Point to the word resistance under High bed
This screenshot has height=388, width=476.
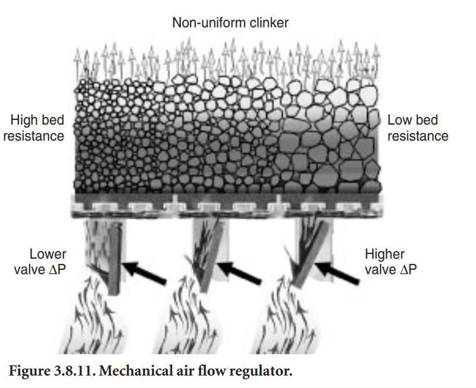(33, 136)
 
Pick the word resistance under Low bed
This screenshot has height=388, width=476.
(418, 136)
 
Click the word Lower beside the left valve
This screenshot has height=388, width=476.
(48, 255)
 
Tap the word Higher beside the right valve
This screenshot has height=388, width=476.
(385, 255)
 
